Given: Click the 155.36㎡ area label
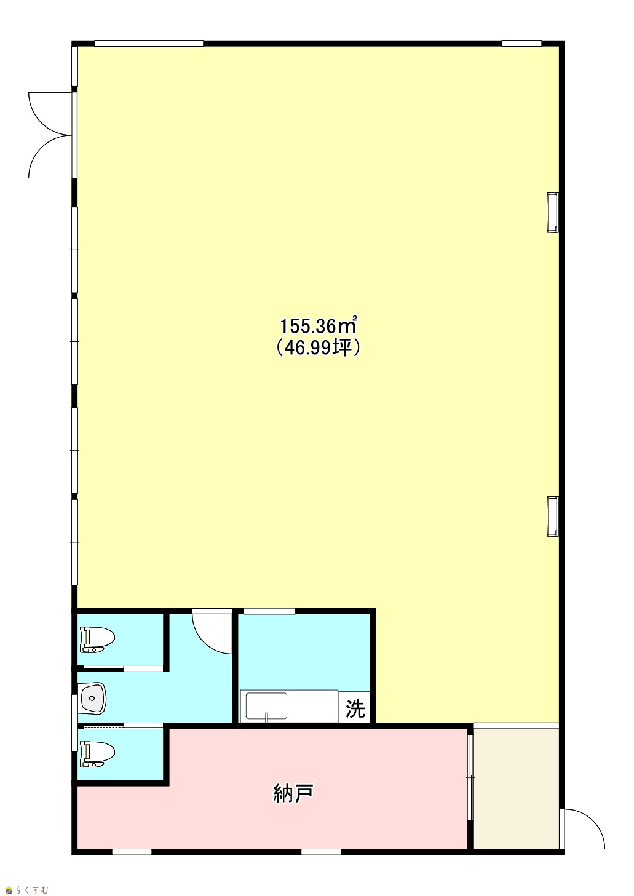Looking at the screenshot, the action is (x=318, y=326).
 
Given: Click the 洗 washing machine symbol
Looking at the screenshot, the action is (x=355, y=709).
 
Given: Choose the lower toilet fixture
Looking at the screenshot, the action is (x=97, y=755).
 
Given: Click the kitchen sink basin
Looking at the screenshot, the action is (x=266, y=707).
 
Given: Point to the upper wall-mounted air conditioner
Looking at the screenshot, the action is (x=552, y=212).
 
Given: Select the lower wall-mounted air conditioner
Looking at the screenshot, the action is (x=552, y=516).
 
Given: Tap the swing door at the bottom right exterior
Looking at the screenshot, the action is (x=583, y=831).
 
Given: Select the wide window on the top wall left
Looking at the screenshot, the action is (x=149, y=43).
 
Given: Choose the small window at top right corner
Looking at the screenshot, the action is (x=521, y=43).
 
